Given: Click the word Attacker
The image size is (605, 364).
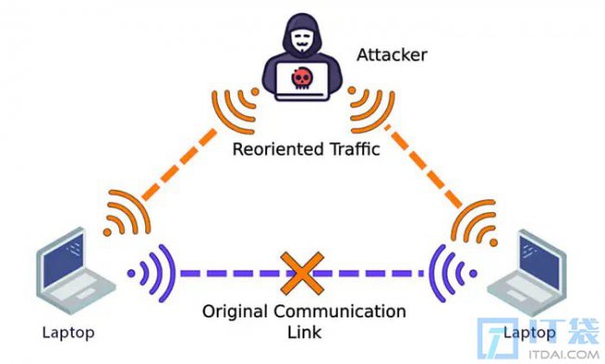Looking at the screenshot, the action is tap(392, 55).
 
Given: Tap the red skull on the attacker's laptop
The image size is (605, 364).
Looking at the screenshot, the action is tap(302, 79).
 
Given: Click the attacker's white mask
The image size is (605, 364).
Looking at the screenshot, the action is tap(302, 42).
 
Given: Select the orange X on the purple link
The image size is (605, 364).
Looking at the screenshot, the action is tap(302, 273).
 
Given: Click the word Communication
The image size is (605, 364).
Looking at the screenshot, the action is tap(340, 311).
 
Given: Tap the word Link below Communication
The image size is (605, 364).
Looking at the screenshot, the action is tap(304, 332).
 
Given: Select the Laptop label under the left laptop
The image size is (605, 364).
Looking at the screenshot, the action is tap(68, 332).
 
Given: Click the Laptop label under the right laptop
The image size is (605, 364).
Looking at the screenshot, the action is tap(530, 332).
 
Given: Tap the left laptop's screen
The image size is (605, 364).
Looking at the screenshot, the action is tap(63, 260).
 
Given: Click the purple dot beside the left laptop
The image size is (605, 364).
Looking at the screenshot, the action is tap(131, 274).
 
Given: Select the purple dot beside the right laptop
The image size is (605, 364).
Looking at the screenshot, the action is tap(473, 274).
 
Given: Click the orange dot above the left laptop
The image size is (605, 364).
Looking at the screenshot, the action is tap(107, 232).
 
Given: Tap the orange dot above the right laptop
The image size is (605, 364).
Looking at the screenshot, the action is tap(493, 242).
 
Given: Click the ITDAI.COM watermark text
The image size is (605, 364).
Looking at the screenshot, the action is tap(563, 354).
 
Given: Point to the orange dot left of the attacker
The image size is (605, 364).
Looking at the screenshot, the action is tap(255, 91).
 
